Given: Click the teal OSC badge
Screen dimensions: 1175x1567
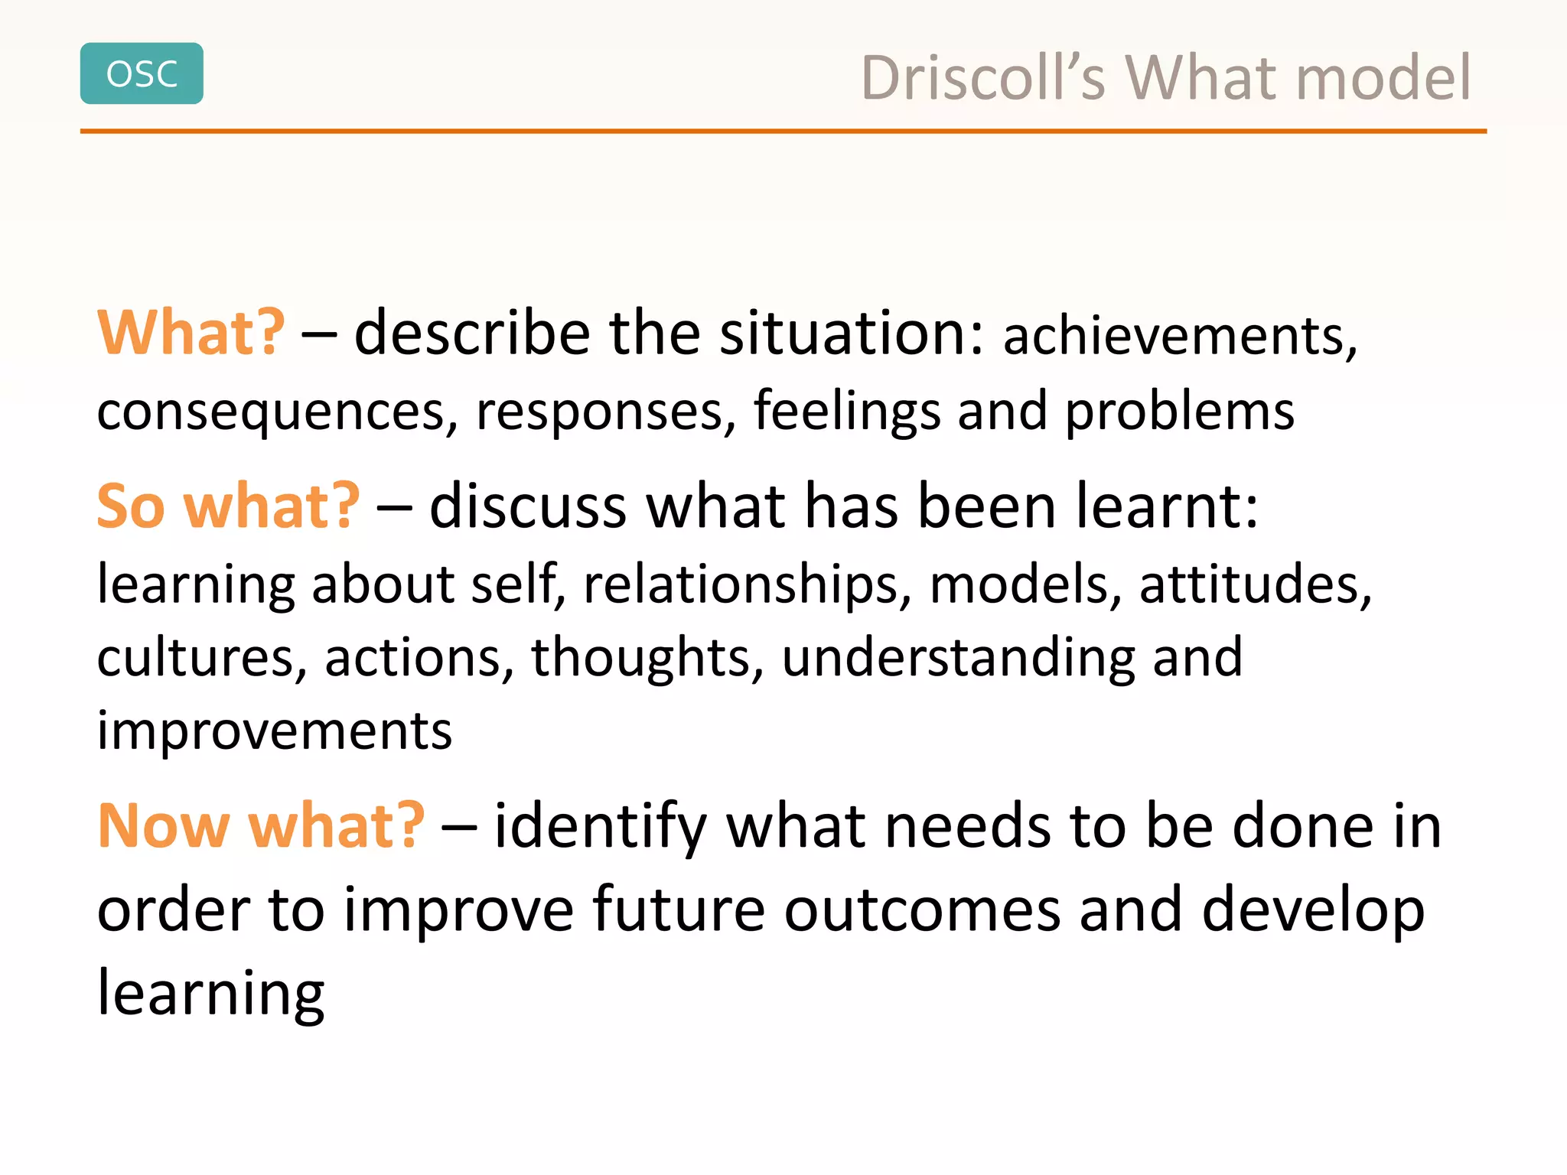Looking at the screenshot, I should pos(142,73).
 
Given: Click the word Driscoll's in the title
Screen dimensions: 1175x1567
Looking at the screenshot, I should pos(983,78).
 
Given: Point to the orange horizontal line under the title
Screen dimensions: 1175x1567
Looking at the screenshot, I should pos(783,132).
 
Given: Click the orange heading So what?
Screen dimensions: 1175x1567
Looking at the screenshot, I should pos(228,506).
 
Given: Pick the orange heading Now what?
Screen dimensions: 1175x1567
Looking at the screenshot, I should pos(261,826).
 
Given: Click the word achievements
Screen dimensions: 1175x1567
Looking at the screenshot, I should pos(1179,337).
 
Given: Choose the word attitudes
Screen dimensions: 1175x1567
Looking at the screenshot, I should pos(1255,585).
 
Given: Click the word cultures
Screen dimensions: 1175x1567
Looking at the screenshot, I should pos(201,658).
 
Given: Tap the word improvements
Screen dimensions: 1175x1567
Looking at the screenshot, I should pos(274,731).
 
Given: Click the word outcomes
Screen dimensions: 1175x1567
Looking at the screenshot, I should pos(922,910).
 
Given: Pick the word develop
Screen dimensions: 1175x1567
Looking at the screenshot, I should pos(1313,910).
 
